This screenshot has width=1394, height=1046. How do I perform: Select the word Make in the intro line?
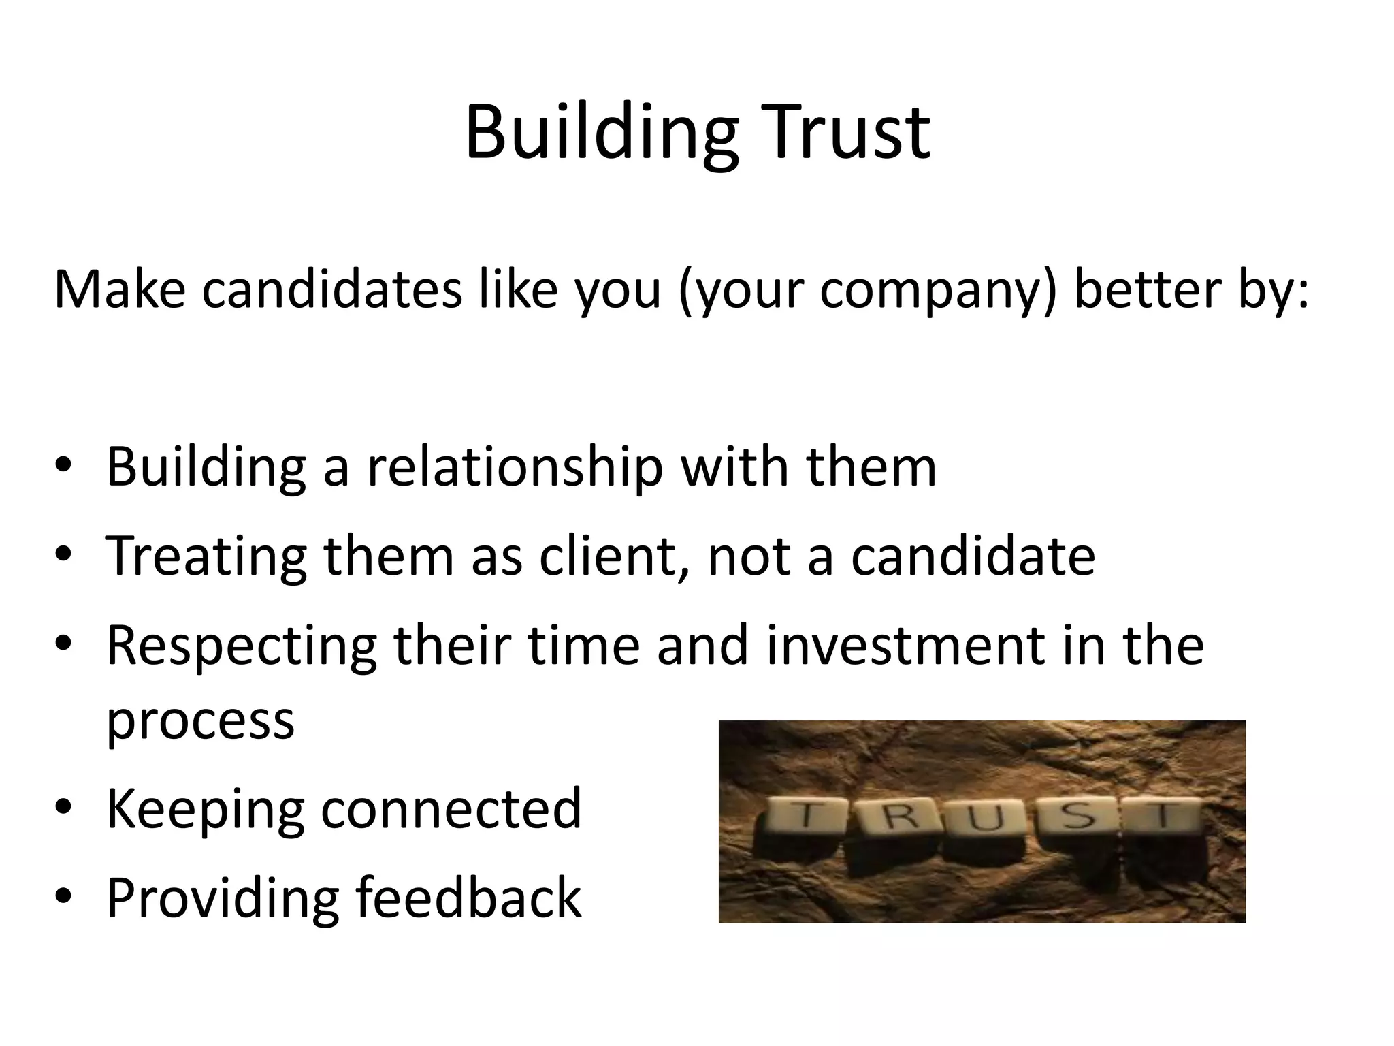point(120,289)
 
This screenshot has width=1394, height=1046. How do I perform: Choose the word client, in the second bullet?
point(615,557)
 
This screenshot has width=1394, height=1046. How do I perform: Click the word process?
point(201,722)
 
